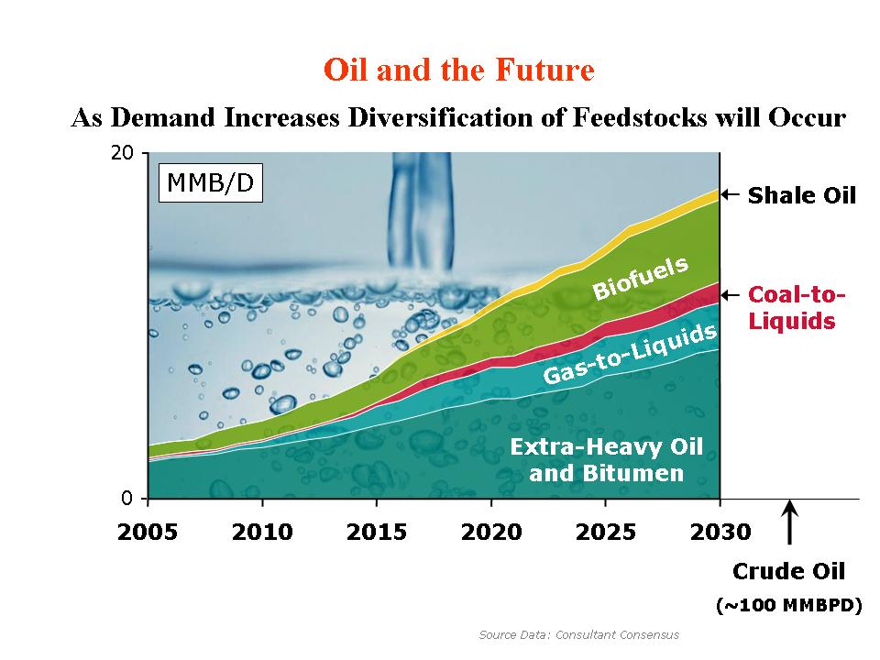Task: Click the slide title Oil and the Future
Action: pos(459,71)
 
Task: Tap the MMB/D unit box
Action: pos(211,183)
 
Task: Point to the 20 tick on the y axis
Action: pos(122,153)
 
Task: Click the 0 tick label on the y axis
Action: pos(127,499)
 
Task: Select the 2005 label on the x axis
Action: pos(148,533)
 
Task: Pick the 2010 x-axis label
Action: pos(262,533)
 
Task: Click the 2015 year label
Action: pos(377,533)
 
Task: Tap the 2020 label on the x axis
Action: pos(491,533)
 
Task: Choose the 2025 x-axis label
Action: pos(605,533)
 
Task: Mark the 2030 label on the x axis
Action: pos(720,533)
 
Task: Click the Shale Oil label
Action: pos(801,195)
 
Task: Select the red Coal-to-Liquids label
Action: pos(796,308)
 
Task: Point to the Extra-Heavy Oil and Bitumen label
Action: pos(606,460)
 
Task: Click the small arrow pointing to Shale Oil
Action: pos(730,194)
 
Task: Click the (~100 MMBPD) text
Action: pos(788,606)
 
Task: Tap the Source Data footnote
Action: pos(578,634)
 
